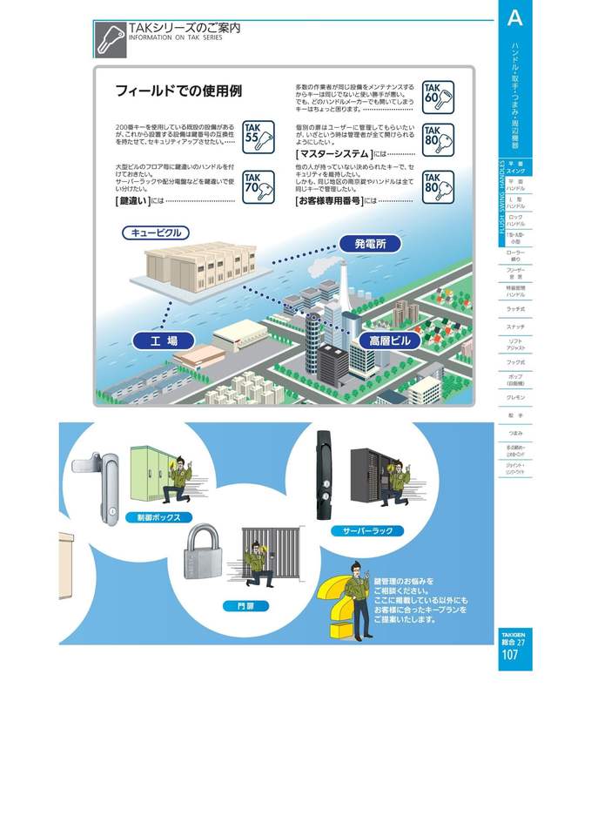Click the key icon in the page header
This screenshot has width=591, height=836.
pyautogui.click(x=110, y=38)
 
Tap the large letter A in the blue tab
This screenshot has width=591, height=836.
pyautogui.click(x=514, y=17)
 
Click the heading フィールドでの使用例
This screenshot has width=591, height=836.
pyautogui.click(x=178, y=91)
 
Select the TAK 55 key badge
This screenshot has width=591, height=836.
pyautogui.click(x=258, y=137)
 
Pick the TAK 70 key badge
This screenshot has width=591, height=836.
pyautogui.click(x=258, y=186)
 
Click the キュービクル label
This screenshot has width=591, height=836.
pyautogui.click(x=157, y=233)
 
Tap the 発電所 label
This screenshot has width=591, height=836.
pyautogui.click(x=370, y=244)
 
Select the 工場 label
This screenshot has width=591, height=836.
pyautogui.click(x=164, y=340)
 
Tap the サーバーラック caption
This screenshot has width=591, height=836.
pyautogui.click(x=367, y=529)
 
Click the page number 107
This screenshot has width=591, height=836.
pyautogui.click(x=511, y=655)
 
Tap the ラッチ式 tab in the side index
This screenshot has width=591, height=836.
pyautogui.click(x=515, y=308)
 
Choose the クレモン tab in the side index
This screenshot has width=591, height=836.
pyautogui.click(x=515, y=397)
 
